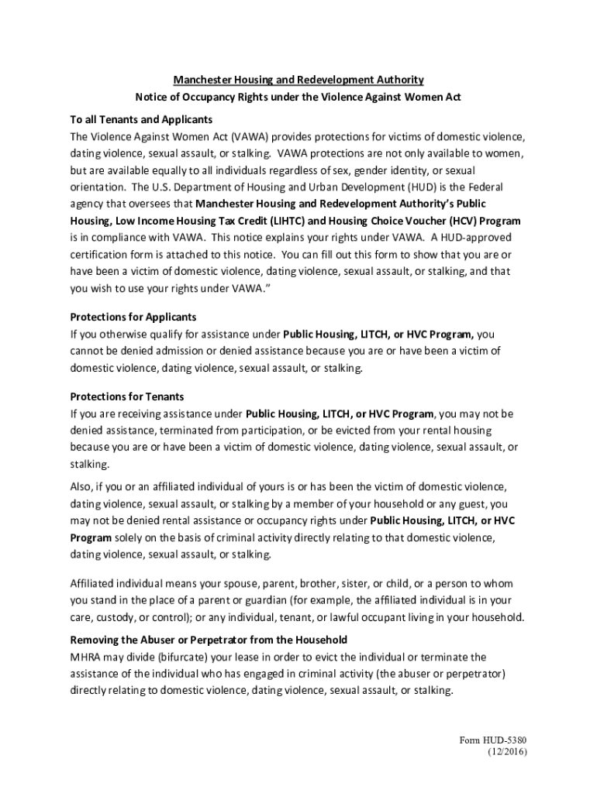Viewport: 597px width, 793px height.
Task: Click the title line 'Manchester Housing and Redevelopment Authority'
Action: pyautogui.click(x=298, y=80)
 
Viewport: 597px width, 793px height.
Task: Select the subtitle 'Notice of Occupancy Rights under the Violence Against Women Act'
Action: pyautogui.click(x=298, y=97)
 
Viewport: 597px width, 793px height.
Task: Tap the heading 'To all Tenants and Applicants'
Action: pyautogui.click(x=141, y=119)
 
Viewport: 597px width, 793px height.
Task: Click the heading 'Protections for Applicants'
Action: pyautogui.click(x=133, y=317)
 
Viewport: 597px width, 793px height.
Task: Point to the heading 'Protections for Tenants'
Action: pyautogui.click(x=127, y=396)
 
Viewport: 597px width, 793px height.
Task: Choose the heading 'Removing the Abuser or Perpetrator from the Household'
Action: pyautogui.click(x=209, y=640)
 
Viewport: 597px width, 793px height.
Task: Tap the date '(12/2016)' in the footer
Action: pyautogui.click(x=507, y=752)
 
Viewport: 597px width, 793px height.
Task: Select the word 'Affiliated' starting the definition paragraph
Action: pyautogui.click(x=95, y=583)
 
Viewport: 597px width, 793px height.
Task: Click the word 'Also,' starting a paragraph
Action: pyautogui.click(x=82, y=486)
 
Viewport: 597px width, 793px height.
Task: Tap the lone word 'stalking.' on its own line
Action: pyautogui.click(x=90, y=464)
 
